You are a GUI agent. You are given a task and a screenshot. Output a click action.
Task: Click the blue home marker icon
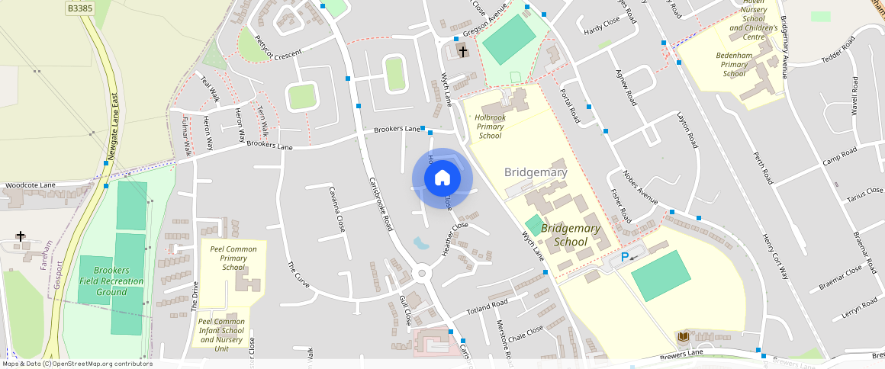(442, 178)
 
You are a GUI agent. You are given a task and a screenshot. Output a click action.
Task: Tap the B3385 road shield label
(79, 8)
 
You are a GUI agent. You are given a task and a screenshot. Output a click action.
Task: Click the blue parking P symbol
(625, 258)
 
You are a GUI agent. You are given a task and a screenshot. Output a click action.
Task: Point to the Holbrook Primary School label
(490, 127)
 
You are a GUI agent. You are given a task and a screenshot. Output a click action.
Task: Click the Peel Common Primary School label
(233, 258)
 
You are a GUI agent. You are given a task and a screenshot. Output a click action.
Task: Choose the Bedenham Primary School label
(734, 64)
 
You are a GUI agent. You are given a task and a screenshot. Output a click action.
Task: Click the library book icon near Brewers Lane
(684, 336)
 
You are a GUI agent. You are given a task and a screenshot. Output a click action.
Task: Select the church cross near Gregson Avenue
(463, 51)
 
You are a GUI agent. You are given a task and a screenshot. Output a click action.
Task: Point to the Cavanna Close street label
(336, 208)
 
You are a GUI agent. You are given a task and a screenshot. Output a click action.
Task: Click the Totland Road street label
(489, 308)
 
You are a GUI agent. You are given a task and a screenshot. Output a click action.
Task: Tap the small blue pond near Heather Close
(420, 243)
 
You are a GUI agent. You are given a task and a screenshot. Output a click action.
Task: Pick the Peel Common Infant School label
(221, 335)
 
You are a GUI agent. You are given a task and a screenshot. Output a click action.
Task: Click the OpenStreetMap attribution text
(76, 364)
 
